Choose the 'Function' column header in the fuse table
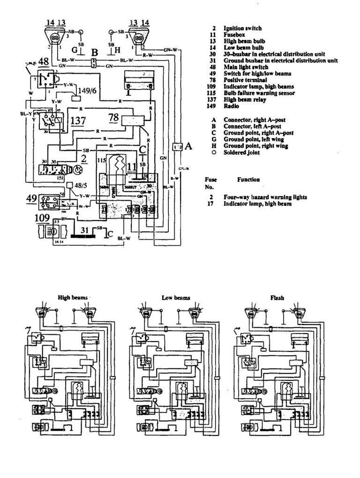coord(249,179)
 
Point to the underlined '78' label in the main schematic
coord(113,116)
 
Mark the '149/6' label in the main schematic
coord(84,92)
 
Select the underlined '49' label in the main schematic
coord(31,198)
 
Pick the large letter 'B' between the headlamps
coord(94,53)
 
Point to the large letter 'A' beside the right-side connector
coord(188,146)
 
